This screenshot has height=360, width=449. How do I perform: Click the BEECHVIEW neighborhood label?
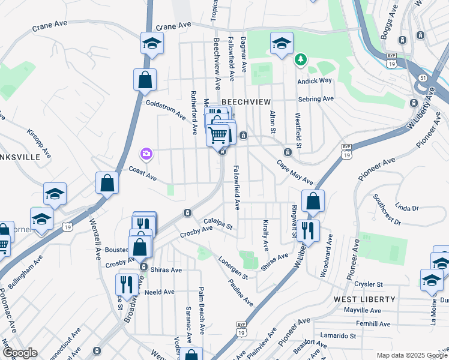(x=243, y=102)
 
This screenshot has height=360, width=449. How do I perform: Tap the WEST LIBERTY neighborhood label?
(x=365, y=299)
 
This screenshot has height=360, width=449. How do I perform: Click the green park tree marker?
(x=300, y=59)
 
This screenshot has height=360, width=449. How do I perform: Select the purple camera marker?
(x=146, y=154)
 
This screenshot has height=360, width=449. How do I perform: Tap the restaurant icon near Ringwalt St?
(x=308, y=230)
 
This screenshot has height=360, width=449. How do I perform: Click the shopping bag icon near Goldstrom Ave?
(x=145, y=80)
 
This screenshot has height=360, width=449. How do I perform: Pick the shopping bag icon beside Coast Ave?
(x=107, y=184)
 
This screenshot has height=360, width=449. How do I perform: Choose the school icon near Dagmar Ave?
(x=281, y=43)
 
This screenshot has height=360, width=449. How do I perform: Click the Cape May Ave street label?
(x=295, y=172)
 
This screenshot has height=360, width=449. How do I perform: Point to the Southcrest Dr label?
(x=387, y=209)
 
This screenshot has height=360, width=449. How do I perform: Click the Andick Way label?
(x=315, y=80)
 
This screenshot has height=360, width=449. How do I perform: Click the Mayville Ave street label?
(x=363, y=311)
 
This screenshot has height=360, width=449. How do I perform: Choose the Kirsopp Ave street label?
(x=39, y=143)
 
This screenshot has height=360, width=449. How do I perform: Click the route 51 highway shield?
(x=423, y=78)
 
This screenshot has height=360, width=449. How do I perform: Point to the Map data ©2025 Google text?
(x=411, y=355)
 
